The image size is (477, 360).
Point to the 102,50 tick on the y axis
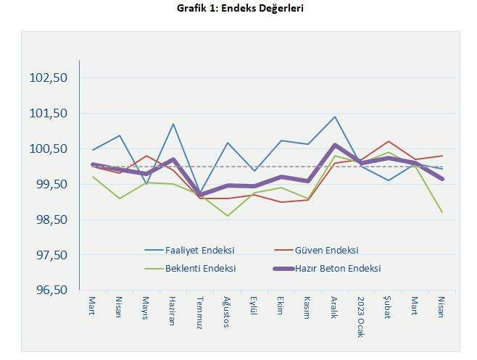click(x=49, y=78)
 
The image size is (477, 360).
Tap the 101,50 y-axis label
click(x=49, y=114)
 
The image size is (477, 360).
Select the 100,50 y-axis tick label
click(x=49, y=149)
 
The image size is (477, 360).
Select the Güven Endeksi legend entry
click(x=326, y=250)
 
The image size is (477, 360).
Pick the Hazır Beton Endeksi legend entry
click(x=337, y=268)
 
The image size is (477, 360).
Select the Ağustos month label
click(x=226, y=312)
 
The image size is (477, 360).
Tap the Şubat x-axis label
click(x=387, y=309)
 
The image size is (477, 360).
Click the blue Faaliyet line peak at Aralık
click(x=334, y=117)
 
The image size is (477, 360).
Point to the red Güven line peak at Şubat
click(x=388, y=141)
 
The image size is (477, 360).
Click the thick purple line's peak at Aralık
click(x=334, y=146)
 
